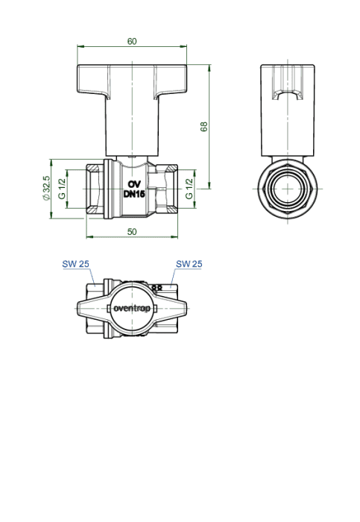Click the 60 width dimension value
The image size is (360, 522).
point(132,41)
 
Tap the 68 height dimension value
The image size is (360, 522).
point(204,127)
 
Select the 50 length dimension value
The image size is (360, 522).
point(132,232)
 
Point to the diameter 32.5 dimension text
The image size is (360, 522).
point(46,188)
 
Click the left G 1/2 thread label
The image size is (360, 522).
point(62,189)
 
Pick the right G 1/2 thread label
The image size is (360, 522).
point(189,189)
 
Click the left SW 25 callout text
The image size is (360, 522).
point(75,264)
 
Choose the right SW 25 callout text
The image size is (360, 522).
point(189,264)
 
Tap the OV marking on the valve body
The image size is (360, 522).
point(134,184)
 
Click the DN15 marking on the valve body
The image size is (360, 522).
point(134,194)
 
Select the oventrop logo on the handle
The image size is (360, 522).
point(132,308)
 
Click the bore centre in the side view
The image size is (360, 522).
point(288,189)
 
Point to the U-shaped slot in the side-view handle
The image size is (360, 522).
point(288,95)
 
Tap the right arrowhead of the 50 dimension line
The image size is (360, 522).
point(174,236)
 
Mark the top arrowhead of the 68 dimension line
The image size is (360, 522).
point(209,68)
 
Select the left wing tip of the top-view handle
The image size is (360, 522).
point(78,308)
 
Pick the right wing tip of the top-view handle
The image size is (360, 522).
point(186,308)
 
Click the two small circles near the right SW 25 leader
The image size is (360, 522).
point(157,287)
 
